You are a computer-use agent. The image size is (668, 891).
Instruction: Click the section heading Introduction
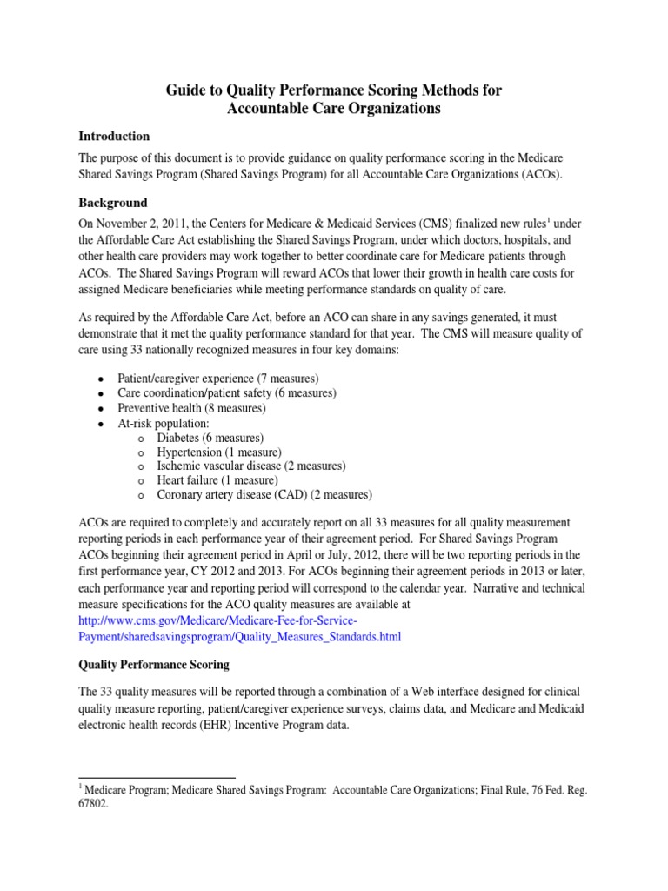[x=114, y=137]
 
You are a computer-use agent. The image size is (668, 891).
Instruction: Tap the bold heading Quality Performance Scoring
[x=154, y=664]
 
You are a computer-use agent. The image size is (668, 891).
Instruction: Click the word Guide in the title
[x=185, y=90]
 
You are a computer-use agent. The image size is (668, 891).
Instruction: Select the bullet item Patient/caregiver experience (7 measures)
[x=217, y=379]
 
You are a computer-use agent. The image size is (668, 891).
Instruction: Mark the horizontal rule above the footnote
[x=157, y=777]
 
